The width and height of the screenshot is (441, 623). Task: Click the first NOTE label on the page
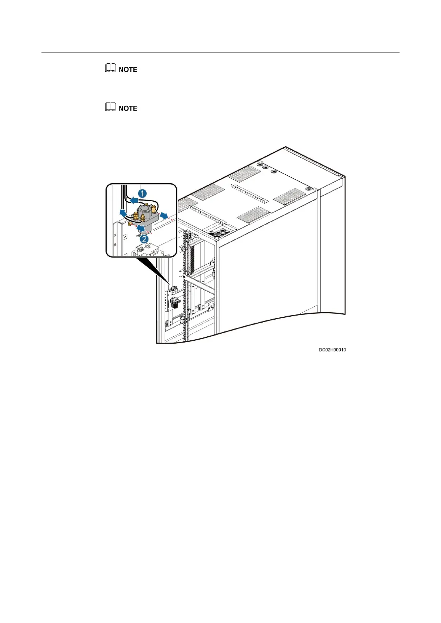pos(128,70)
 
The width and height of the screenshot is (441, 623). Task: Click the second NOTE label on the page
pos(128,108)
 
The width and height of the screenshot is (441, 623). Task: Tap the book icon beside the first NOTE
pos(110,69)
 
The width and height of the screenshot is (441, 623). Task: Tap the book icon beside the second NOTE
pos(110,108)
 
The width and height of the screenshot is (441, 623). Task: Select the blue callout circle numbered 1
pos(142,193)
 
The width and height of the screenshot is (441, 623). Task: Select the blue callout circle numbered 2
pos(144,239)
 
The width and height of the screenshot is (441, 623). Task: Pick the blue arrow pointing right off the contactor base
pos(163,216)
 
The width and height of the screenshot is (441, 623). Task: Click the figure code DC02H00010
pos(332,350)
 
